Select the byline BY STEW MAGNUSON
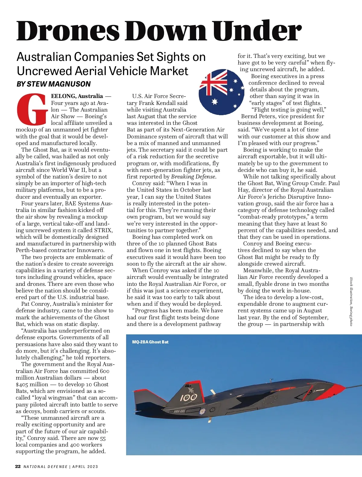53,84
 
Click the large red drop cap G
32,109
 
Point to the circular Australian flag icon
221,92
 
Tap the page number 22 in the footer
18,466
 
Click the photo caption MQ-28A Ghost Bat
150,342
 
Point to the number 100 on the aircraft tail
189,397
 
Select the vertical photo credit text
351,302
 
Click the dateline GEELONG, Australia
77,96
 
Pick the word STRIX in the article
103,230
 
